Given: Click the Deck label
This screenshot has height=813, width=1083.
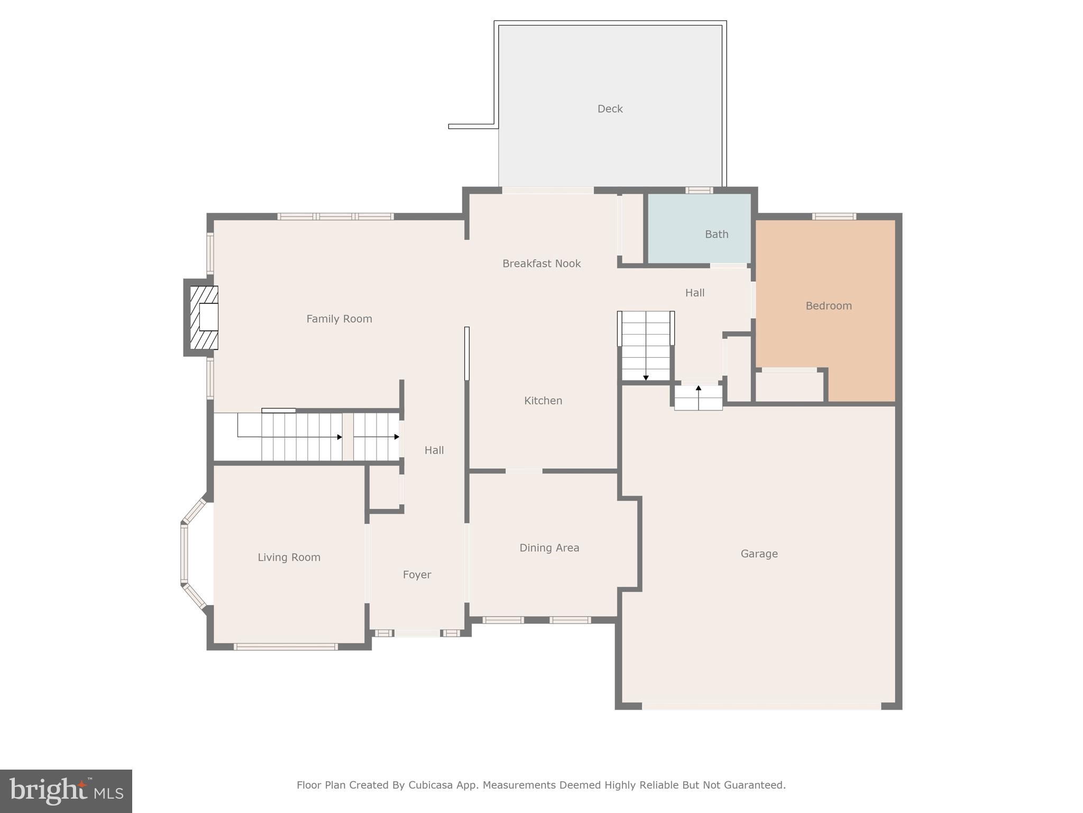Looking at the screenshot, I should click(x=610, y=109).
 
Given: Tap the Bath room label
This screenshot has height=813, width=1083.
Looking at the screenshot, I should click(x=716, y=234).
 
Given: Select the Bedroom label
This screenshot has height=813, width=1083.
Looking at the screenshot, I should click(x=828, y=306).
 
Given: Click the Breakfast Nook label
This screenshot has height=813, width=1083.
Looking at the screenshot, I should click(x=541, y=264).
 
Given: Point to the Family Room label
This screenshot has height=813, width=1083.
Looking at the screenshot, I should click(x=339, y=319).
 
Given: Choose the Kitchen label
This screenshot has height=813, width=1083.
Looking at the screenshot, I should click(x=543, y=401).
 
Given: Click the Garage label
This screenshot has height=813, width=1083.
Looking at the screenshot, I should click(x=759, y=554).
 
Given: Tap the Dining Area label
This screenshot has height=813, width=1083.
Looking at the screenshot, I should click(x=549, y=548).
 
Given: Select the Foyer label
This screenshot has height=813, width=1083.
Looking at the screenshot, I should click(x=417, y=575).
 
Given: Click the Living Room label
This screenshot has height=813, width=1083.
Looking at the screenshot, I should click(x=289, y=557).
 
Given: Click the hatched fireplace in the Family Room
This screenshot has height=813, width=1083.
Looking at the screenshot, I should click(x=204, y=318).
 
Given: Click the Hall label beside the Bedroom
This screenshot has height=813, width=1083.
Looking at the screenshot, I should click(x=694, y=293).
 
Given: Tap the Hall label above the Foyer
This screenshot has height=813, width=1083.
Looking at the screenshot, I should click(x=434, y=450).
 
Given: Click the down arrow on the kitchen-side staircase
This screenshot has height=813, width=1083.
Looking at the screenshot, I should click(x=646, y=377).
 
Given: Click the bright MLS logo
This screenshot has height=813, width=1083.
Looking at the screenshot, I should click(x=66, y=791).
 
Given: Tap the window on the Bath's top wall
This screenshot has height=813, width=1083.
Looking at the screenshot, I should click(x=699, y=191).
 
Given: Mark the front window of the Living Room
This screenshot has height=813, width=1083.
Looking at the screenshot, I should click(x=286, y=646).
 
